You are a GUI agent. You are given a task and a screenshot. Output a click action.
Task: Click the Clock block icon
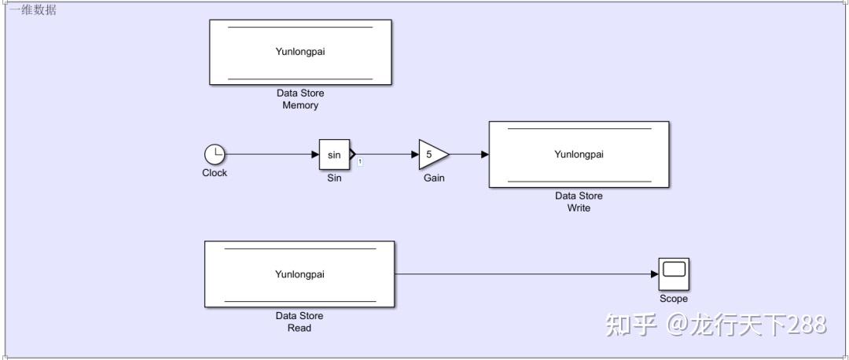coord(215,154)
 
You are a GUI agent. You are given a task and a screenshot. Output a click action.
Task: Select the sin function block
coord(334,155)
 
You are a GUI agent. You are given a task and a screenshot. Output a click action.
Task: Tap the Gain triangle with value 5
coord(432,155)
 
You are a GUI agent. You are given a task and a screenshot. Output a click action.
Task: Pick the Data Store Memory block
coord(300,52)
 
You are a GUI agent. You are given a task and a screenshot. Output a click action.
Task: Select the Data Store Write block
coord(579,154)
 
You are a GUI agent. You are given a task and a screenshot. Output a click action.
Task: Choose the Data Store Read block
coord(300,274)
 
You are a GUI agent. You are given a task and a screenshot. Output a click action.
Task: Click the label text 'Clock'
coord(215,173)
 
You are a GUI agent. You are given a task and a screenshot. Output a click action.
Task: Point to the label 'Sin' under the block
coord(334,178)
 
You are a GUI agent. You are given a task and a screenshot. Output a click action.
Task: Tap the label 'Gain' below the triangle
coord(434,178)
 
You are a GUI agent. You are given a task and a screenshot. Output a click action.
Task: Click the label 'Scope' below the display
coord(674,299)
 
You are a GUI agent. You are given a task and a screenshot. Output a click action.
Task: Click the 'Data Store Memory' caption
coord(300,99)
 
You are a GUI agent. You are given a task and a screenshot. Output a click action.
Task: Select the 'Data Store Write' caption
coord(579,202)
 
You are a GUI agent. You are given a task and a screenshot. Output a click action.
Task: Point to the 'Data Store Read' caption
coord(300,321)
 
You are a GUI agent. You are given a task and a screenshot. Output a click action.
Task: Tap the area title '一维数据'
coord(33,10)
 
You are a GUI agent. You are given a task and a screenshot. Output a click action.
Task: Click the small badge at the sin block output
coord(360,161)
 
